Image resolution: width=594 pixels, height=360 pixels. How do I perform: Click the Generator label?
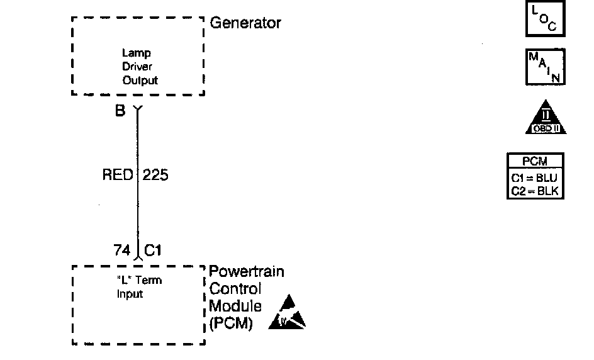point(245,23)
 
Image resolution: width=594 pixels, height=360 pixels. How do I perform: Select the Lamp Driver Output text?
point(140,67)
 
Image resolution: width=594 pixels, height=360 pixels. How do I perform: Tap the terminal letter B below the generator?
point(120,111)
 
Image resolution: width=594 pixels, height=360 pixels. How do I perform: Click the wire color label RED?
point(118,175)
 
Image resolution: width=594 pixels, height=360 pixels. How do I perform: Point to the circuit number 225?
point(155,175)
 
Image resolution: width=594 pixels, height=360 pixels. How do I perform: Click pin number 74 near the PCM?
point(123,250)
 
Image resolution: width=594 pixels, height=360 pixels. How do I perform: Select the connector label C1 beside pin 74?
point(154,250)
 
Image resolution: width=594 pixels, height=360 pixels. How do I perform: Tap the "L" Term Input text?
point(139,287)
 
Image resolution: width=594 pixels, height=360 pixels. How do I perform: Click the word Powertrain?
point(246,272)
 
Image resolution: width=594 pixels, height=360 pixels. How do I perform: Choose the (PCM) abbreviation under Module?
point(230,325)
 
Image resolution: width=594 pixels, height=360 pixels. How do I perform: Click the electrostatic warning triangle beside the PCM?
point(287,313)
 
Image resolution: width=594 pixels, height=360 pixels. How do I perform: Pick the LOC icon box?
point(545,20)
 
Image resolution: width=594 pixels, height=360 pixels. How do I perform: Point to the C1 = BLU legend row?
point(535,178)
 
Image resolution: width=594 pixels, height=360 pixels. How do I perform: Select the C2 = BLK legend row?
point(535,191)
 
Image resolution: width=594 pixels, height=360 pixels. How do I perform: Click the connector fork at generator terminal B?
point(138,111)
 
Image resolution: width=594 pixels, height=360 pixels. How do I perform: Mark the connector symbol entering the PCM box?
point(138,257)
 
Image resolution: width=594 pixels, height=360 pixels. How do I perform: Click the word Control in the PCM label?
point(235,290)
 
